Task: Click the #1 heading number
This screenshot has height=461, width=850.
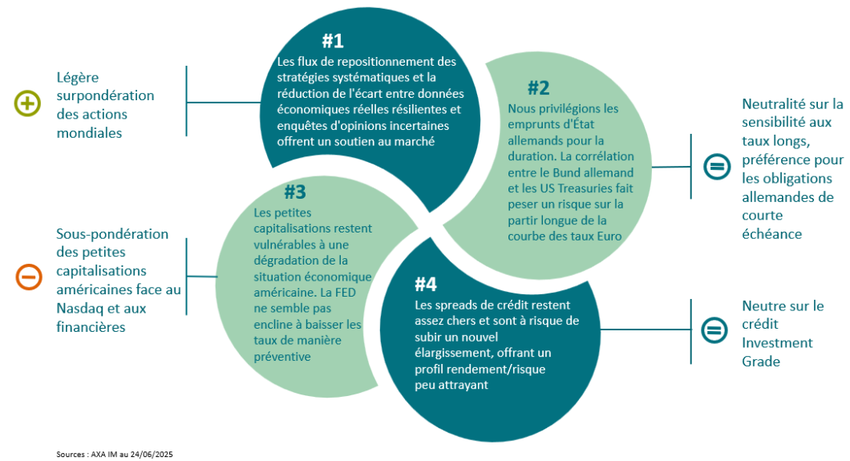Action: click(x=333, y=41)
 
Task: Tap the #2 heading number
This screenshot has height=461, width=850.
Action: click(x=538, y=87)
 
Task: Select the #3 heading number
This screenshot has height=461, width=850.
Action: click(x=295, y=192)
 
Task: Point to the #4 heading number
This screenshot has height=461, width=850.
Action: click(x=426, y=284)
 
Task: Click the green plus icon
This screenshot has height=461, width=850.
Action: click(x=27, y=103)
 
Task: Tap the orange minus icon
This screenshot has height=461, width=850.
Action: click(x=29, y=277)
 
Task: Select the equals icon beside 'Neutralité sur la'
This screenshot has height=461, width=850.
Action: click(x=717, y=166)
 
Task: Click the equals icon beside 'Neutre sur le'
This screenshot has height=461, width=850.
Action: click(x=714, y=330)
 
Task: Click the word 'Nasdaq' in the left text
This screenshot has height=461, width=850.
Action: click(x=80, y=309)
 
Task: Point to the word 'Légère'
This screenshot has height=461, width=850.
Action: click(x=78, y=79)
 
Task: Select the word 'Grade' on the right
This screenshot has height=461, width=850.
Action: click(x=761, y=362)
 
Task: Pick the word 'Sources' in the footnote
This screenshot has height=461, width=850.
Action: click(x=71, y=455)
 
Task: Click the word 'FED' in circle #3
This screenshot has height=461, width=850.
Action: click(x=346, y=293)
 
